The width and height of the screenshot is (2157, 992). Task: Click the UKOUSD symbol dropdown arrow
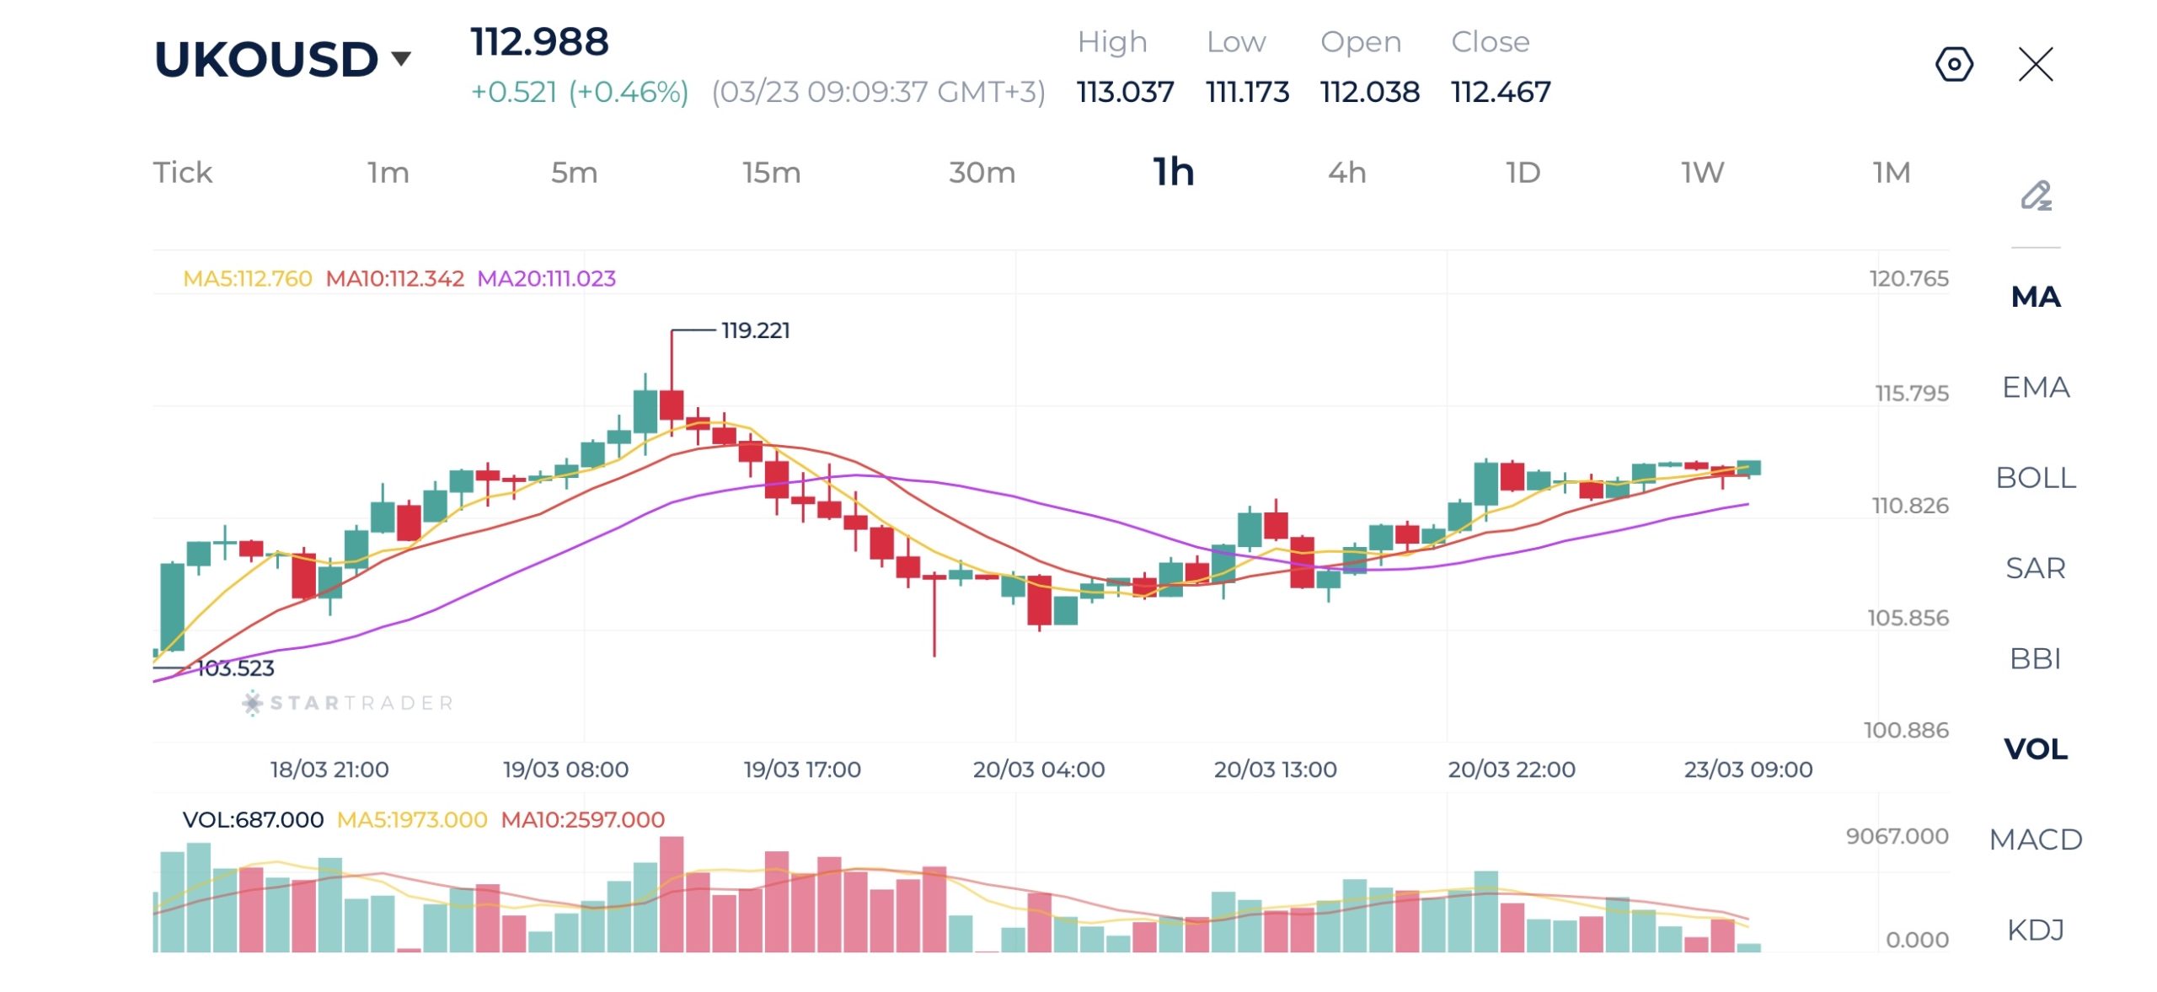[401, 59]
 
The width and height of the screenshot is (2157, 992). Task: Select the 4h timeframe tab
[1346, 173]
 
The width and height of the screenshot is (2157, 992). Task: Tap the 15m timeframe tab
[771, 173]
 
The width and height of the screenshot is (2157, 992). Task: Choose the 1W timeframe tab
[1702, 173]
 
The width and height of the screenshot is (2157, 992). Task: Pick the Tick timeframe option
[183, 173]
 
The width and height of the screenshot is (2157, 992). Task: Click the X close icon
[2036, 64]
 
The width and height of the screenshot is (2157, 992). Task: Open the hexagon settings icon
[1954, 64]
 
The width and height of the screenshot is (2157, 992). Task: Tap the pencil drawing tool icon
[2036, 196]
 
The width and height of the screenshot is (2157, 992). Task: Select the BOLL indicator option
[2035, 478]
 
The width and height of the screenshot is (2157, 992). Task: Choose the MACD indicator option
[2035, 839]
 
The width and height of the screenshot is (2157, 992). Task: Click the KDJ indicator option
[2035, 930]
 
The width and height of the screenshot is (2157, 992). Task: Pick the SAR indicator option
[2035, 568]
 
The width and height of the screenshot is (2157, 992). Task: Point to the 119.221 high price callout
[755, 330]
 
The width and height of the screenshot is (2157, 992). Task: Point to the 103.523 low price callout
[235, 668]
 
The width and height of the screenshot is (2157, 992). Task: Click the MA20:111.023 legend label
[546, 279]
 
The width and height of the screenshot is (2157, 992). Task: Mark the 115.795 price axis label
[1911, 394]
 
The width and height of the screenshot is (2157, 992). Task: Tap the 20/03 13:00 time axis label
[1275, 769]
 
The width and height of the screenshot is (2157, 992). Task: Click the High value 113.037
[1125, 92]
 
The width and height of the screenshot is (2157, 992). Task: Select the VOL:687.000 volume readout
[253, 819]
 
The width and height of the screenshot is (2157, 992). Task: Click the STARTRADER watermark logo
[348, 703]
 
